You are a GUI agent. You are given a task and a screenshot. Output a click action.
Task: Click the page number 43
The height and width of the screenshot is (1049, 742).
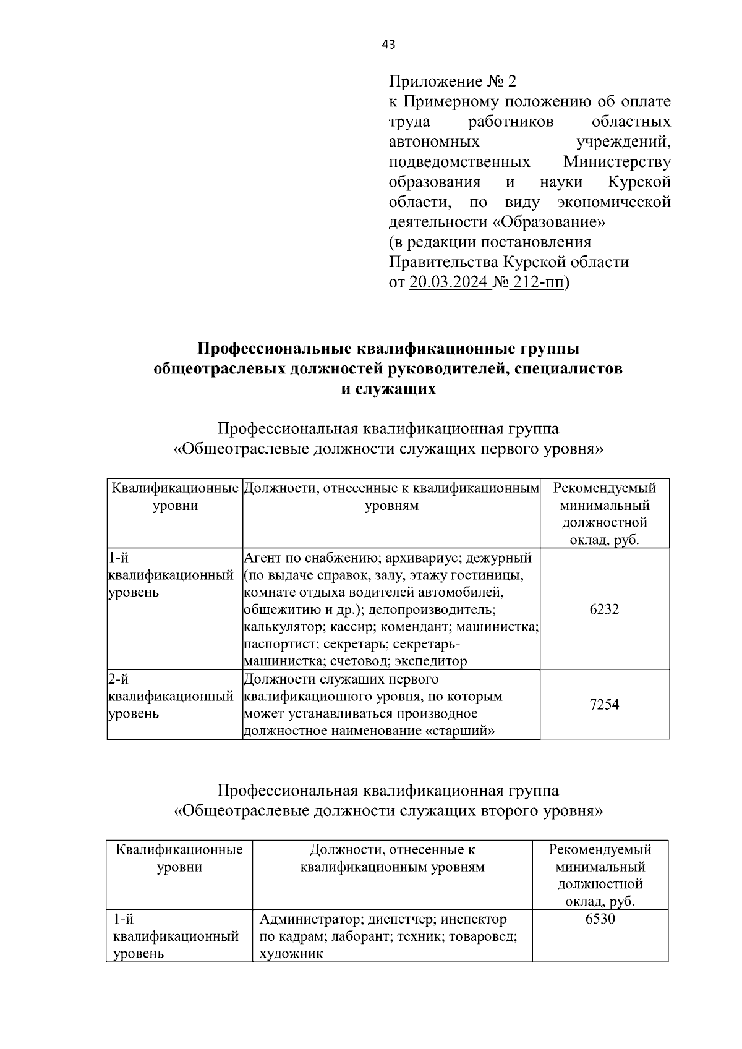pos(389,45)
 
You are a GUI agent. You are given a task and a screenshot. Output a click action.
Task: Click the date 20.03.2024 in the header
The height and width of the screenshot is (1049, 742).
pos(450,282)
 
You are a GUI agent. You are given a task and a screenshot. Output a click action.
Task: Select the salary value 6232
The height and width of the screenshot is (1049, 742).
pos(604,609)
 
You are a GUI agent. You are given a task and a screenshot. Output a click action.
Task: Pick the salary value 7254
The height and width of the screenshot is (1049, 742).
pos(604,705)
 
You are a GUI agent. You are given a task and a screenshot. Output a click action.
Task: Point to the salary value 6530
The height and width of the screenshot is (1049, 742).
pos(600,919)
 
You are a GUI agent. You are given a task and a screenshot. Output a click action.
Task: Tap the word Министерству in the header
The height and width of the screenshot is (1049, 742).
pos(616,162)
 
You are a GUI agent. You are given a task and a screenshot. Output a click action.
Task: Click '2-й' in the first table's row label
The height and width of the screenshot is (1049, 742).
pos(118,679)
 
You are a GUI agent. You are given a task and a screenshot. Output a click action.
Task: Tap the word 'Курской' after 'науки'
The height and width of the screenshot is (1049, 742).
pos(639,182)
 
